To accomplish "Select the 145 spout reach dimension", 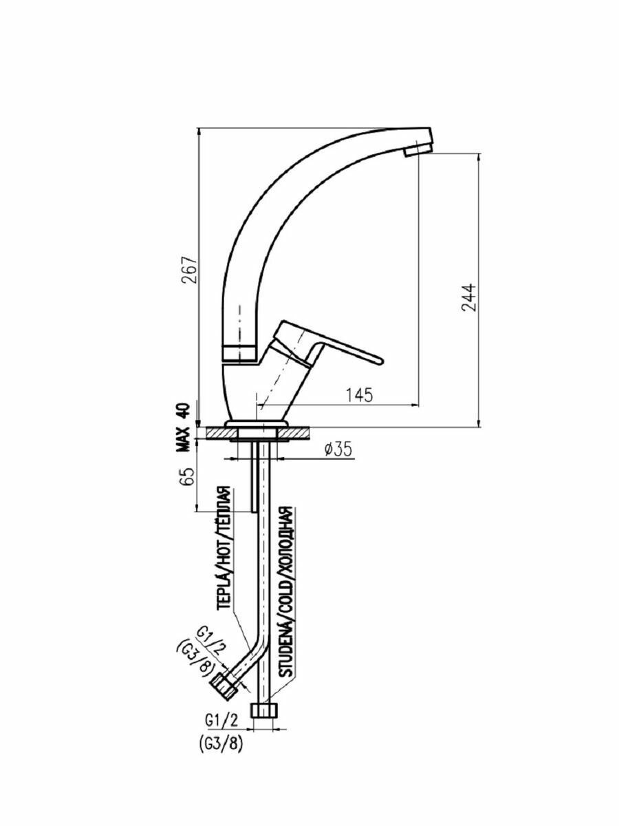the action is (x=358, y=394).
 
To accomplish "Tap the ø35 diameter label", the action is (x=336, y=449).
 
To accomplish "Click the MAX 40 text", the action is (x=182, y=427).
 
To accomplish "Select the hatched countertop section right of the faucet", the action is (x=296, y=434).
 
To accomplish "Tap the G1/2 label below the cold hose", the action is (x=221, y=720).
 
